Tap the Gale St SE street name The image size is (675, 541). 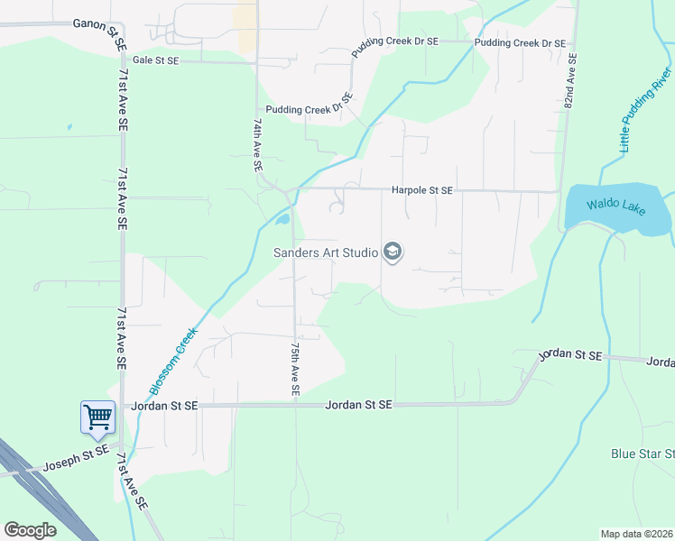click(156, 60)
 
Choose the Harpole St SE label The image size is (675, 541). click(421, 190)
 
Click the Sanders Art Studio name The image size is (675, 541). click(326, 252)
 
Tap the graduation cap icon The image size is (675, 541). click(393, 252)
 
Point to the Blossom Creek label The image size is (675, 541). click(174, 361)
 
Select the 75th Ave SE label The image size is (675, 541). click(294, 369)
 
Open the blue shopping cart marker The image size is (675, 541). click(97, 417)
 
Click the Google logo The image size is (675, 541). click(31, 530)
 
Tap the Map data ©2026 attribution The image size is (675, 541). click(635, 534)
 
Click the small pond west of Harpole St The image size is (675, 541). click(282, 218)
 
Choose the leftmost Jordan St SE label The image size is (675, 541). click(164, 406)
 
